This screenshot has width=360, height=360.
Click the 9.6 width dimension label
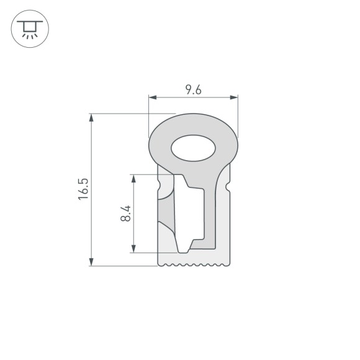point(193,90)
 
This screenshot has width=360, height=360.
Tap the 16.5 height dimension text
point(84,189)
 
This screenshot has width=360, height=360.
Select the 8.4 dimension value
point(126,214)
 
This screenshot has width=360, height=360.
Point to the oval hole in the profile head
point(193,148)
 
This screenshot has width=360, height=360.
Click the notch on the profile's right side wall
point(228,185)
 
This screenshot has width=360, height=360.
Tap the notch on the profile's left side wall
point(160,185)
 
